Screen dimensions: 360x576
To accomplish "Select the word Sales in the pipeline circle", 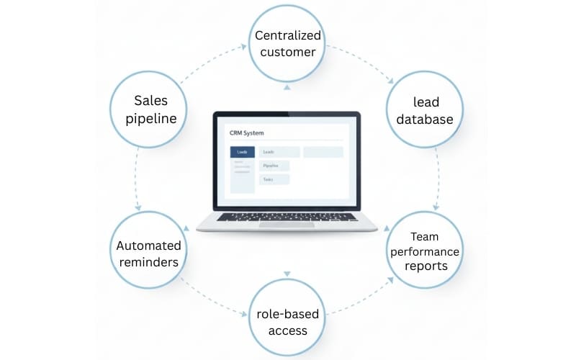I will [x=150, y=100].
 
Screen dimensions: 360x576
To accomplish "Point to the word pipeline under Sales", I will [x=150, y=118].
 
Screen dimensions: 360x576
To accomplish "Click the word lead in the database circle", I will [x=424, y=102].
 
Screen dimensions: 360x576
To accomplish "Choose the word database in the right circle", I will [x=424, y=119].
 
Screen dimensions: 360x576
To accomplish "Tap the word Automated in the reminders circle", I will [x=148, y=246].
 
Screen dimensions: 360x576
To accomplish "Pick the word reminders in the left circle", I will [x=148, y=263].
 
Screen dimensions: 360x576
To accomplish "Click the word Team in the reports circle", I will [x=424, y=236].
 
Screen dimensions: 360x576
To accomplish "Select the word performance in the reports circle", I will [x=424, y=251].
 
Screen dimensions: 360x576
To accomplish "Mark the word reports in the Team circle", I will [x=424, y=266].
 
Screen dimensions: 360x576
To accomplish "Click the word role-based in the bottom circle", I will [x=287, y=314].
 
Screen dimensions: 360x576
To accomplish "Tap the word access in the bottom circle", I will [x=287, y=331].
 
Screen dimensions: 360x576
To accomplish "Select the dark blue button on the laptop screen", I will [x=242, y=152].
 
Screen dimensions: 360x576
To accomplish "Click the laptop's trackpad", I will [x=287, y=225].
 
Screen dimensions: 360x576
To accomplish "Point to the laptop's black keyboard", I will [x=287, y=216].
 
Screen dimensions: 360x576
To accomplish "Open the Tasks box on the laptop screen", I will [x=274, y=179].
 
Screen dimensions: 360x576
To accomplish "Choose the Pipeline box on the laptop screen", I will [x=274, y=166].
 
